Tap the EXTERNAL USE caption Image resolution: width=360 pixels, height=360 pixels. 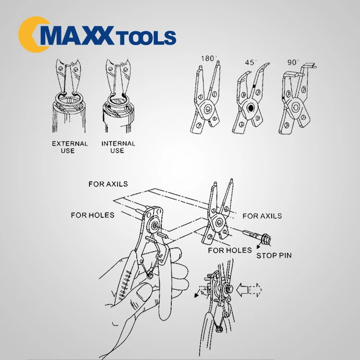70,147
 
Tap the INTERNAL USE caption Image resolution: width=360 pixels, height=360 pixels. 118,147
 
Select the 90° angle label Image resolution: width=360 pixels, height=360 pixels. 293,62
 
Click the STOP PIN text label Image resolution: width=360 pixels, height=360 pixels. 274,255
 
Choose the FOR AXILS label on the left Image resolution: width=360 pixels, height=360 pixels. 108,184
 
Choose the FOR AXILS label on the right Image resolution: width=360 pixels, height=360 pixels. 262,216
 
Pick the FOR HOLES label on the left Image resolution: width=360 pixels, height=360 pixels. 93,215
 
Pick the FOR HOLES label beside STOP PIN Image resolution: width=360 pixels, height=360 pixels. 229,250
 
